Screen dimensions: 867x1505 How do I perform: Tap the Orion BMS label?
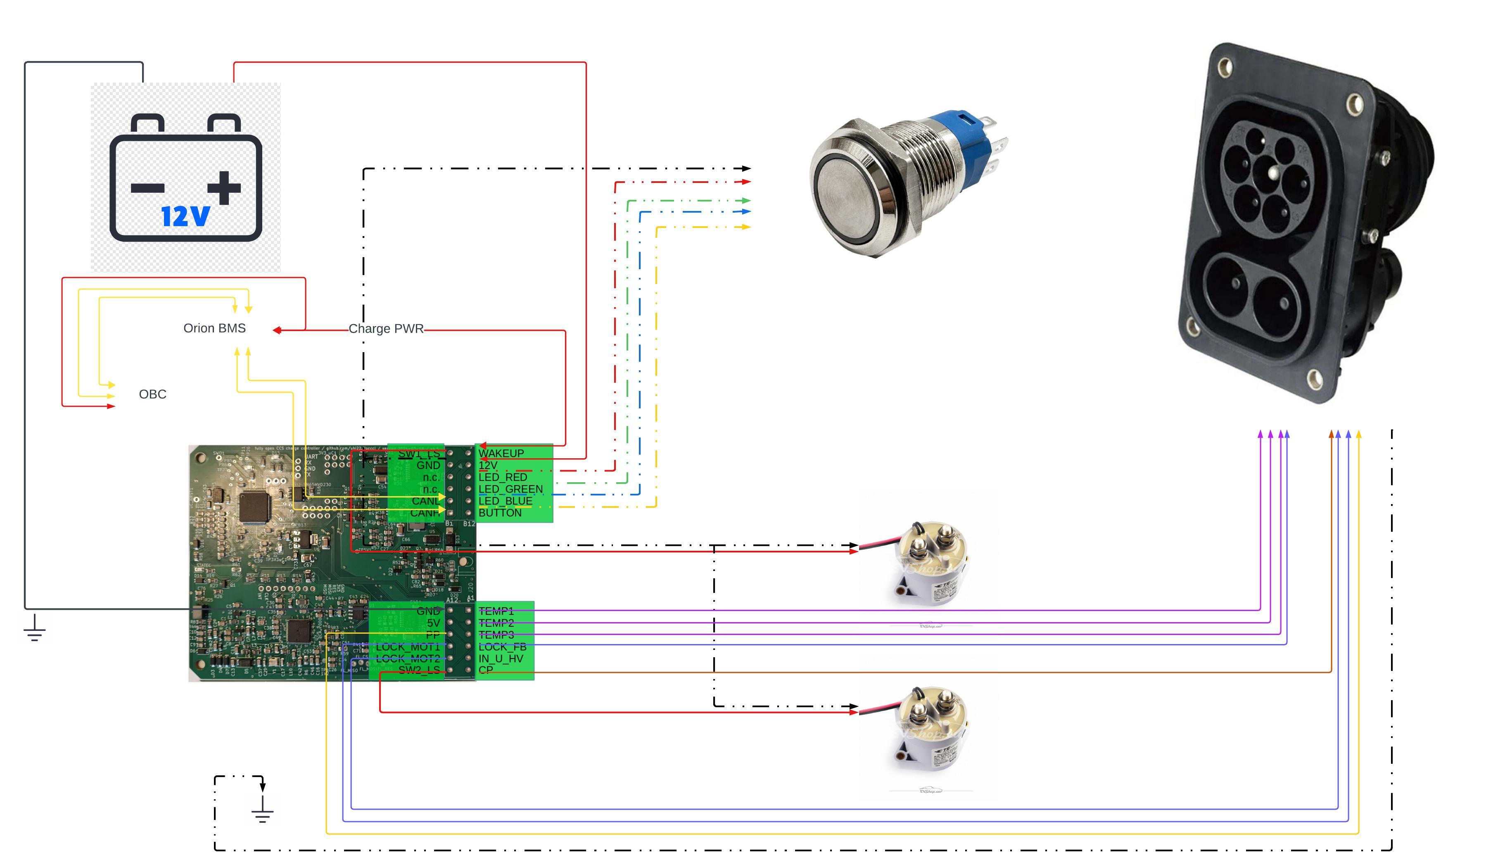pyautogui.click(x=214, y=328)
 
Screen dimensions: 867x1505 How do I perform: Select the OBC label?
pyautogui.click(x=152, y=394)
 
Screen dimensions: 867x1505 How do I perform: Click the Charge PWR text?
pyautogui.click(x=386, y=329)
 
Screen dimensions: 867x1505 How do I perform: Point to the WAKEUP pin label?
pyautogui.click(x=501, y=453)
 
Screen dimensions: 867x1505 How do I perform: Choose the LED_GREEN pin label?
pyautogui.click(x=510, y=489)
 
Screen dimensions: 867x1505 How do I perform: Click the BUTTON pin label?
pyautogui.click(x=500, y=513)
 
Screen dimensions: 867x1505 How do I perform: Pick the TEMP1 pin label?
pyautogui.click(x=496, y=611)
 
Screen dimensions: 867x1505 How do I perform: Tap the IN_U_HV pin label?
pyautogui.click(x=500, y=659)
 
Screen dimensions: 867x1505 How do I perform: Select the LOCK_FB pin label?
pyautogui.click(x=502, y=647)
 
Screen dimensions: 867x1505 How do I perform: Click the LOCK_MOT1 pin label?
pyautogui.click(x=408, y=647)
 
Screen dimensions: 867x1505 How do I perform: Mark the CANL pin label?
pyautogui.click(x=425, y=501)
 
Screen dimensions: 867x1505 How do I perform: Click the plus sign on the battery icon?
pyautogui.click(x=225, y=187)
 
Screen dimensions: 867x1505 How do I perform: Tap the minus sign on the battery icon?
pyautogui.click(x=147, y=189)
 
